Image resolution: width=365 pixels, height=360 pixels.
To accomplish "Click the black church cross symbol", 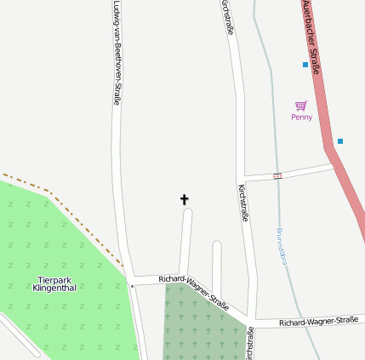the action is [184, 200].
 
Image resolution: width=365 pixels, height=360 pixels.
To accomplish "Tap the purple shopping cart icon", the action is [301, 106].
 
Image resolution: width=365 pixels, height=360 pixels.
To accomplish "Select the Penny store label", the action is [301, 117].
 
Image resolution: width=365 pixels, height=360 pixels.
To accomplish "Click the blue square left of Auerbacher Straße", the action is [305, 65].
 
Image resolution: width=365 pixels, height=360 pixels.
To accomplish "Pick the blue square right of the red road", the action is [340, 141].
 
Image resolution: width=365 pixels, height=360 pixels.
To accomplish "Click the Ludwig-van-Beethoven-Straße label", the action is [117, 53].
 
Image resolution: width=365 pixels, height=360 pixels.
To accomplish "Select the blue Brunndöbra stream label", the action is [282, 247].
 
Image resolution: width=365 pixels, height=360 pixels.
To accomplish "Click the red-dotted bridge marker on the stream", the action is [277, 176].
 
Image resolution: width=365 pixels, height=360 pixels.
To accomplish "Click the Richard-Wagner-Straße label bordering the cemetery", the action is [194, 291].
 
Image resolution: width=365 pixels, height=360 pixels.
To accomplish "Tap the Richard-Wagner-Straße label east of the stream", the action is [318, 322].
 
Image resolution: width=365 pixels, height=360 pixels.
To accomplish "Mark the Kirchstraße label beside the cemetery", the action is [250, 343].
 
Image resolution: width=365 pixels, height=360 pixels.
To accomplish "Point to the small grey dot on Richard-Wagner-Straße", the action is [132, 287].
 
